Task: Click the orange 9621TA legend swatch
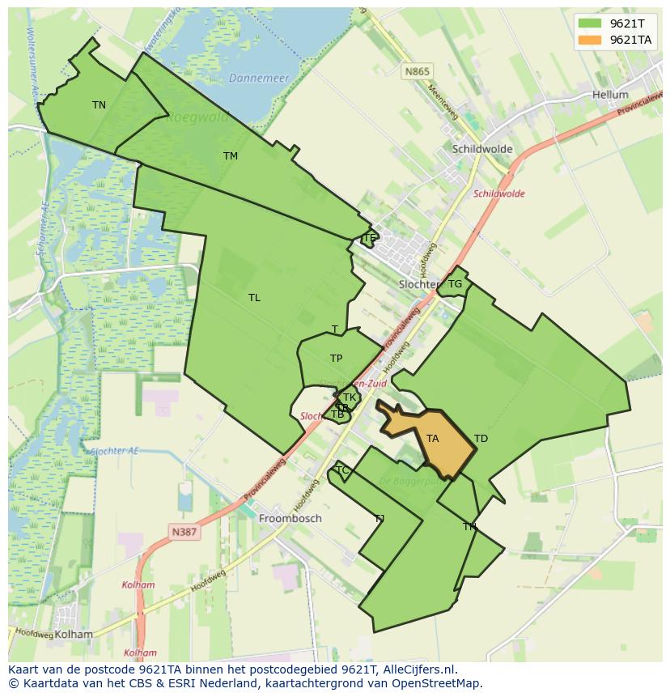pyautogui.click(x=591, y=40)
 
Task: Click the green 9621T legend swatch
pyautogui.click(x=591, y=23)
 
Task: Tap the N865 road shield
pyautogui.click(x=418, y=71)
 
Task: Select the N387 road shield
pyautogui.click(x=184, y=532)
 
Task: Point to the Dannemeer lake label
pyautogui.click(x=259, y=79)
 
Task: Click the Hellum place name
pyautogui.click(x=610, y=95)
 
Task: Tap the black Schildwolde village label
pyautogui.click(x=482, y=149)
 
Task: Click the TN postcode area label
pyautogui.click(x=99, y=105)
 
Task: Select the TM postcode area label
pyautogui.click(x=231, y=156)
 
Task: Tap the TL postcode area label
pyautogui.click(x=254, y=298)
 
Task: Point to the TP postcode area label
pyautogui.click(x=336, y=359)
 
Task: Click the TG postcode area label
pyautogui.click(x=455, y=284)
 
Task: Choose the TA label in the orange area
pyautogui.click(x=432, y=439)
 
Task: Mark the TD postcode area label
pyautogui.click(x=481, y=439)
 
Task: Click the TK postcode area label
pyautogui.click(x=350, y=397)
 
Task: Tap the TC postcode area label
pyautogui.click(x=341, y=470)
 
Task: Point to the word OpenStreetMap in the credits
pyautogui.click(x=439, y=683)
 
